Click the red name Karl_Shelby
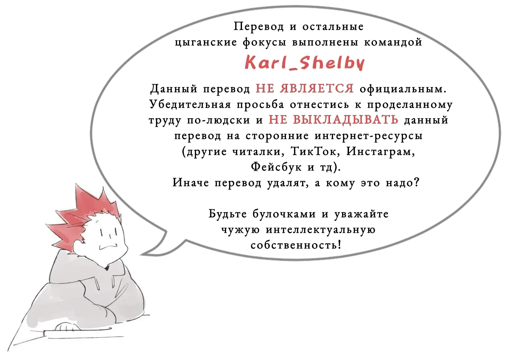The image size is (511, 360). pos(305,62)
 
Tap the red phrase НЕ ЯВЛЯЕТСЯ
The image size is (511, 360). pos(305,88)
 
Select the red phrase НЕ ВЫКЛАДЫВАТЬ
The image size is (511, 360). pos(333,120)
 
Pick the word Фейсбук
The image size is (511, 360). pos(276,167)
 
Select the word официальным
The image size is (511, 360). pos(403,89)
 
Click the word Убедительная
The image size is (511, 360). pos(190,104)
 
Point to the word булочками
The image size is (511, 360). pos(284,214)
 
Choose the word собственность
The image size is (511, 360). pos(296,245)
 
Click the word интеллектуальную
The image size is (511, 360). pos(321,230)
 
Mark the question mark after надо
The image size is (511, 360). pos(417,182)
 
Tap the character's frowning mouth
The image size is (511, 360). pos(108,247)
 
